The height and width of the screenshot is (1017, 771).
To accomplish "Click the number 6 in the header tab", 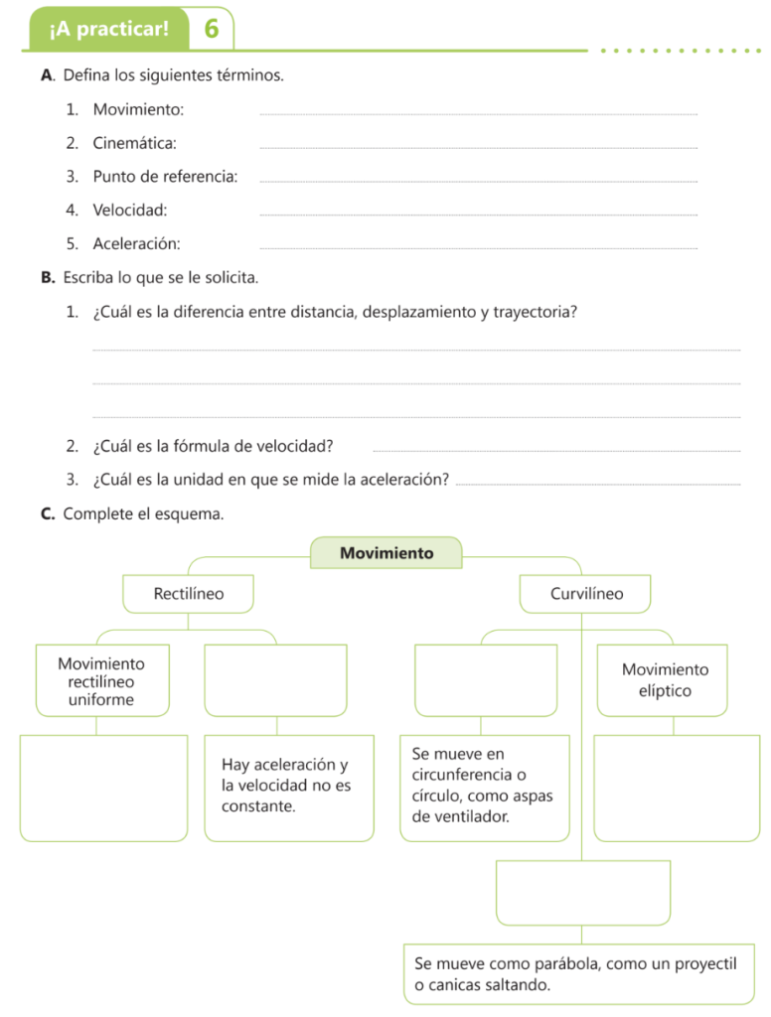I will pos(211,29).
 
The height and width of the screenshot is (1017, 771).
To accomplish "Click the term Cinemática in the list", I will pos(134,143).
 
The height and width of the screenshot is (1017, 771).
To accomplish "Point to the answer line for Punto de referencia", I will pos(477,181).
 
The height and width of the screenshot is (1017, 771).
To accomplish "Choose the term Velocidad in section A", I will pos(129,210).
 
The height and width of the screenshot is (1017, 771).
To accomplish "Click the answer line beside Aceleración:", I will pos(477,247).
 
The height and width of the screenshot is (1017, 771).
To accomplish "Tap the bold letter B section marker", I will pos(48,277).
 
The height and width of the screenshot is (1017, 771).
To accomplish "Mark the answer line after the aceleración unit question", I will pos(602,484).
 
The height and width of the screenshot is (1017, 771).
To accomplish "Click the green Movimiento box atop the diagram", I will pos(386,553).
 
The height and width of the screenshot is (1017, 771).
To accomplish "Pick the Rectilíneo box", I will pos(189,594).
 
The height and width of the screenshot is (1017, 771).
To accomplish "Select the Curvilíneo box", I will pos(586,594).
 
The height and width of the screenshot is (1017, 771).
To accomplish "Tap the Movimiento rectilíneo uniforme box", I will pos(101,681).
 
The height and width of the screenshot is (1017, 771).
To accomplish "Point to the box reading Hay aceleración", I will pos(288,787).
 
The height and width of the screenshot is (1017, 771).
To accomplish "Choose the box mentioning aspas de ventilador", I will pos(483,787).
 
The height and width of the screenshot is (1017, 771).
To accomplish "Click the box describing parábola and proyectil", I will pos(581,974).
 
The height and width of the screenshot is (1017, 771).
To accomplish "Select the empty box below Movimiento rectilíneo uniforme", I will pos(103,788).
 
